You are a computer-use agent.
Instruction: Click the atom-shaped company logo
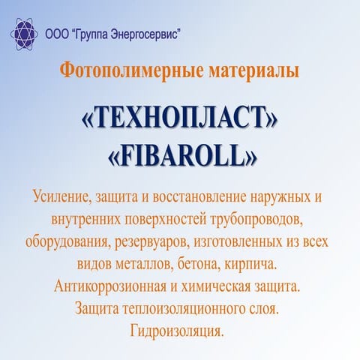pos(25,34)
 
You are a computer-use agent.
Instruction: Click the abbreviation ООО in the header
pos(56,34)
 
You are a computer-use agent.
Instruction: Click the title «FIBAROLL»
pos(180,154)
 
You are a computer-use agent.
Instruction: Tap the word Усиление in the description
pos(61,199)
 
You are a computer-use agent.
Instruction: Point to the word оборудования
pos(65,243)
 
